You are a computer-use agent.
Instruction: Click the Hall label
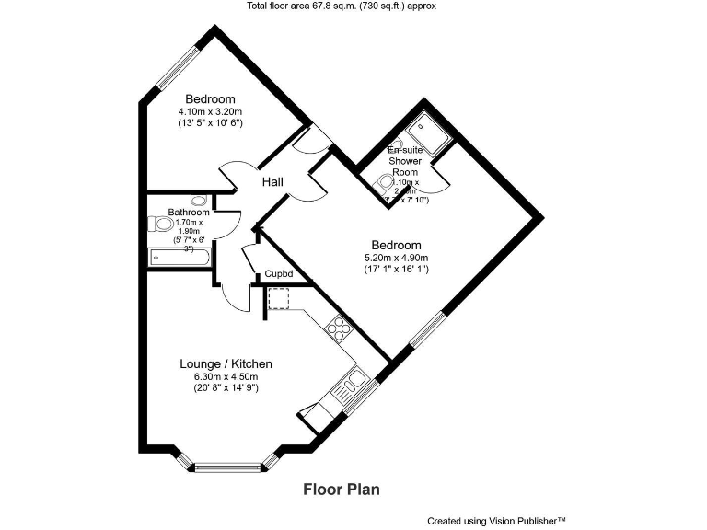tap(272, 182)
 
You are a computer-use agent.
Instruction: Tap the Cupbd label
tap(278, 273)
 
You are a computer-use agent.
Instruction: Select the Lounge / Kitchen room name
tap(226, 364)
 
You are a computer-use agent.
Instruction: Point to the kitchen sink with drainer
tap(350, 385)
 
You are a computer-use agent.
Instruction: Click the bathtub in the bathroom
tap(180, 259)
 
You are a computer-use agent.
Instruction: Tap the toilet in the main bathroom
tap(162, 224)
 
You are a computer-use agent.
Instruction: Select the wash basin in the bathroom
tap(199, 200)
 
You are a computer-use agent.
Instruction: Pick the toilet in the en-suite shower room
tap(388, 182)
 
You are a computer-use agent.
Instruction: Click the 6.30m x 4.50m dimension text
tap(225, 376)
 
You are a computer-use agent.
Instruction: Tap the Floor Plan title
tap(342, 490)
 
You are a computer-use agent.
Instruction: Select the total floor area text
tap(353, 6)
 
